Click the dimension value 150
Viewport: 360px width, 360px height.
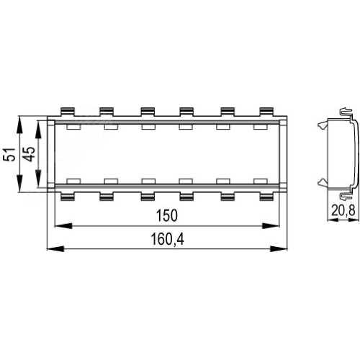167,215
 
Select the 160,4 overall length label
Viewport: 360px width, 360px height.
167,239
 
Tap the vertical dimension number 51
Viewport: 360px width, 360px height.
9,154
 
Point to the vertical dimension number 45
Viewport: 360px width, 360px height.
29,154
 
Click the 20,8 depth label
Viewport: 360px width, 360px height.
343,211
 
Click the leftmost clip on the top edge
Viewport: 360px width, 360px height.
68,112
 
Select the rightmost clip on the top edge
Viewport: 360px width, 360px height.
266,112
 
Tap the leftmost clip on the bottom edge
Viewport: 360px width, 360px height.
68,196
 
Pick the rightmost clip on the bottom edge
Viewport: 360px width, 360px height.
266,196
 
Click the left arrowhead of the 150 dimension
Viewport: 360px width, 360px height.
63,226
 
